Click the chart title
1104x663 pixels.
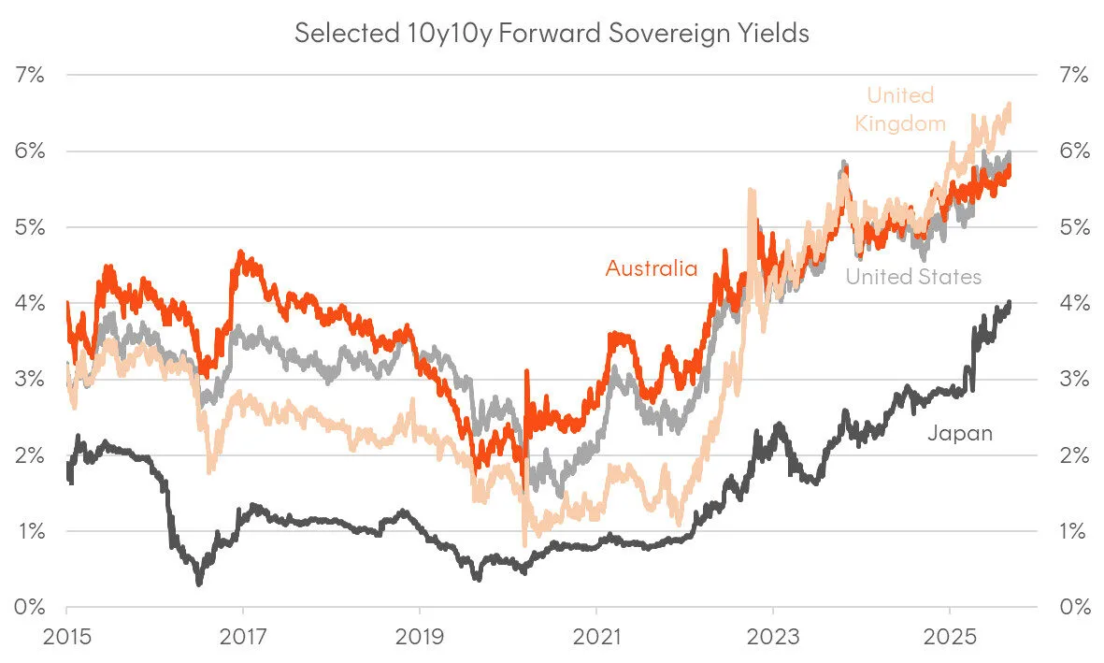click(552, 34)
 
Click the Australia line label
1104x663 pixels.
click(652, 269)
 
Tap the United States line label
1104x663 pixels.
click(913, 277)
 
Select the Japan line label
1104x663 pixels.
click(959, 433)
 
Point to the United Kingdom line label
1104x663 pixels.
click(900, 108)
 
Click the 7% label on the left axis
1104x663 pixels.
click(30, 76)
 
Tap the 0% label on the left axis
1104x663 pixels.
click(30, 607)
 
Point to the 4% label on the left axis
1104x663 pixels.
click(30, 303)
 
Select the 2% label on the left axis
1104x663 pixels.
click(30, 455)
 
